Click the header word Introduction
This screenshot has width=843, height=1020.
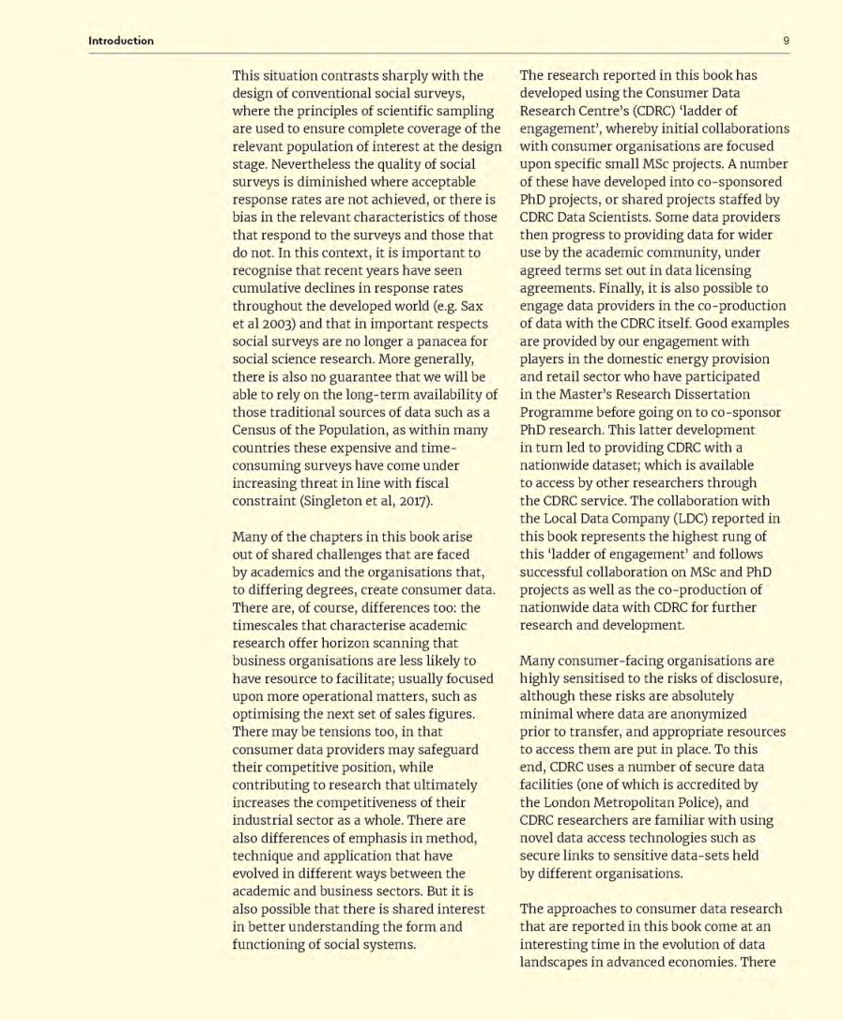pyautogui.click(x=121, y=40)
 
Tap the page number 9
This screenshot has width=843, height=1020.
pyautogui.click(x=786, y=40)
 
